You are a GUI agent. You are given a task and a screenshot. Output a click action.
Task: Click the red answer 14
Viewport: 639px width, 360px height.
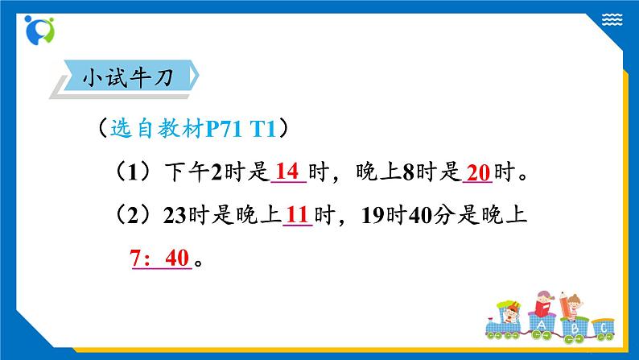point(287,171)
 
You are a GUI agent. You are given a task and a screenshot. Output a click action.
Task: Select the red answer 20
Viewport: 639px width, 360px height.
point(478,172)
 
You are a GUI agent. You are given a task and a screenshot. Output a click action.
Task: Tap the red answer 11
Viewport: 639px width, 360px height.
point(298,214)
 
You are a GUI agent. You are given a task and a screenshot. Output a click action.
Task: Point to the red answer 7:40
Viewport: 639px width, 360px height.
point(159,259)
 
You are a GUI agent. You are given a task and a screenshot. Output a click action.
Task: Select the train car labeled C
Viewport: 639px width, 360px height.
point(602,326)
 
